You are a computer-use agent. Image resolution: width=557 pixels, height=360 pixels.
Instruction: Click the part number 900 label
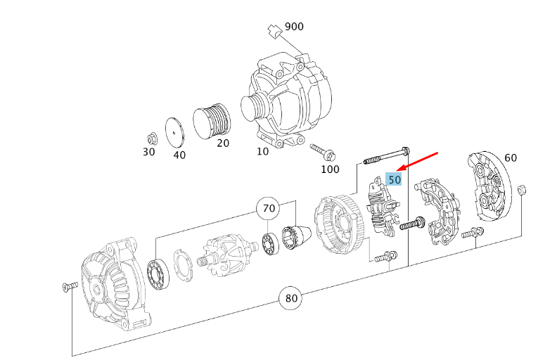pyautogui.click(x=294, y=27)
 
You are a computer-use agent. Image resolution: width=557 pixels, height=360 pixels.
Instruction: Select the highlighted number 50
pyautogui.click(x=394, y=179)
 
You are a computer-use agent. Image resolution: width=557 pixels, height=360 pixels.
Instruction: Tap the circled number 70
pyautogui.click(x=269, y=207)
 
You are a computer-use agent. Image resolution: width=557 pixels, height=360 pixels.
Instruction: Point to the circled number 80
pyautogui.click(x=290, y=298)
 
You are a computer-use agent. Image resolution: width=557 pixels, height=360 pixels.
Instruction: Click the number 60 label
pyautogui.click(x=511, y=157)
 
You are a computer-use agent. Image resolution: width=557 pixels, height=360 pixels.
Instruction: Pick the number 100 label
pyautogui.click(x=330, y=169)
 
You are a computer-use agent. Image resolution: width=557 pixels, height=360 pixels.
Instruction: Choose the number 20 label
pyautogui.click(x=223, y=143)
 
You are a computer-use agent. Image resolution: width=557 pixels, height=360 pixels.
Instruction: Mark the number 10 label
pyautogui.click(x=262, y=152)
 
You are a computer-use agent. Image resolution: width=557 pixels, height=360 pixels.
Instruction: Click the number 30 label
pyautogui.click(x=149, y=152)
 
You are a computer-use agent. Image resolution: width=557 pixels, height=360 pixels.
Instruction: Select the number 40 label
pyautogui.click(x=179, y=155)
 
